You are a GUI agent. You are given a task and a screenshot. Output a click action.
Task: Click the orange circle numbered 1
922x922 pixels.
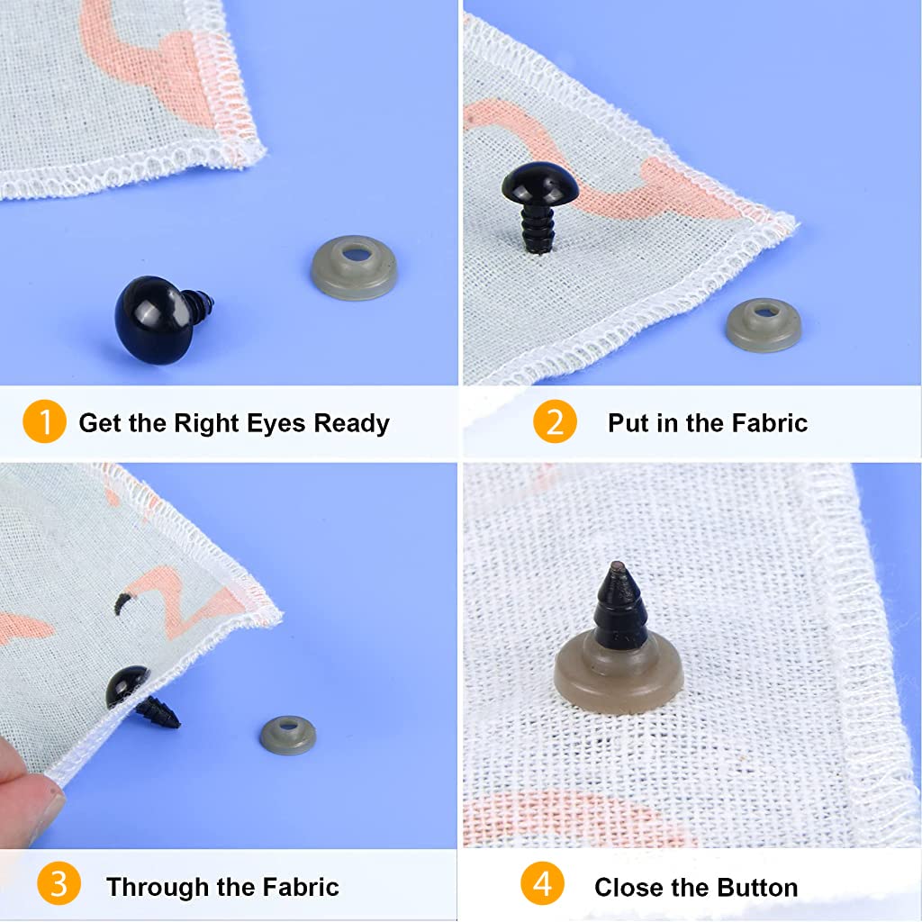[44, 422]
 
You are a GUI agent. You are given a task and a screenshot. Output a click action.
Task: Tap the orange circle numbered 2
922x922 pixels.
[555, 422]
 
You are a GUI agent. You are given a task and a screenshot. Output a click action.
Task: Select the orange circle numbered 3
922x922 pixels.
[59, 886]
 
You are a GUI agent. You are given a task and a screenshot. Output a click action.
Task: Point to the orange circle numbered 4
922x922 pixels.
[542, 886]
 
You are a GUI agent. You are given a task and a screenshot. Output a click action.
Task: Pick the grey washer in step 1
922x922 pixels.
[354, 267]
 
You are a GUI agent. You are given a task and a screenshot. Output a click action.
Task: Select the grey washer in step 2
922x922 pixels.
[764, 324]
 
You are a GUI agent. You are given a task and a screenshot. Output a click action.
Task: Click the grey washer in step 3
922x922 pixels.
[288, 735]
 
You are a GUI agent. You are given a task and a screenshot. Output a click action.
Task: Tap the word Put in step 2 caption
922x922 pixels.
[628, 423]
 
